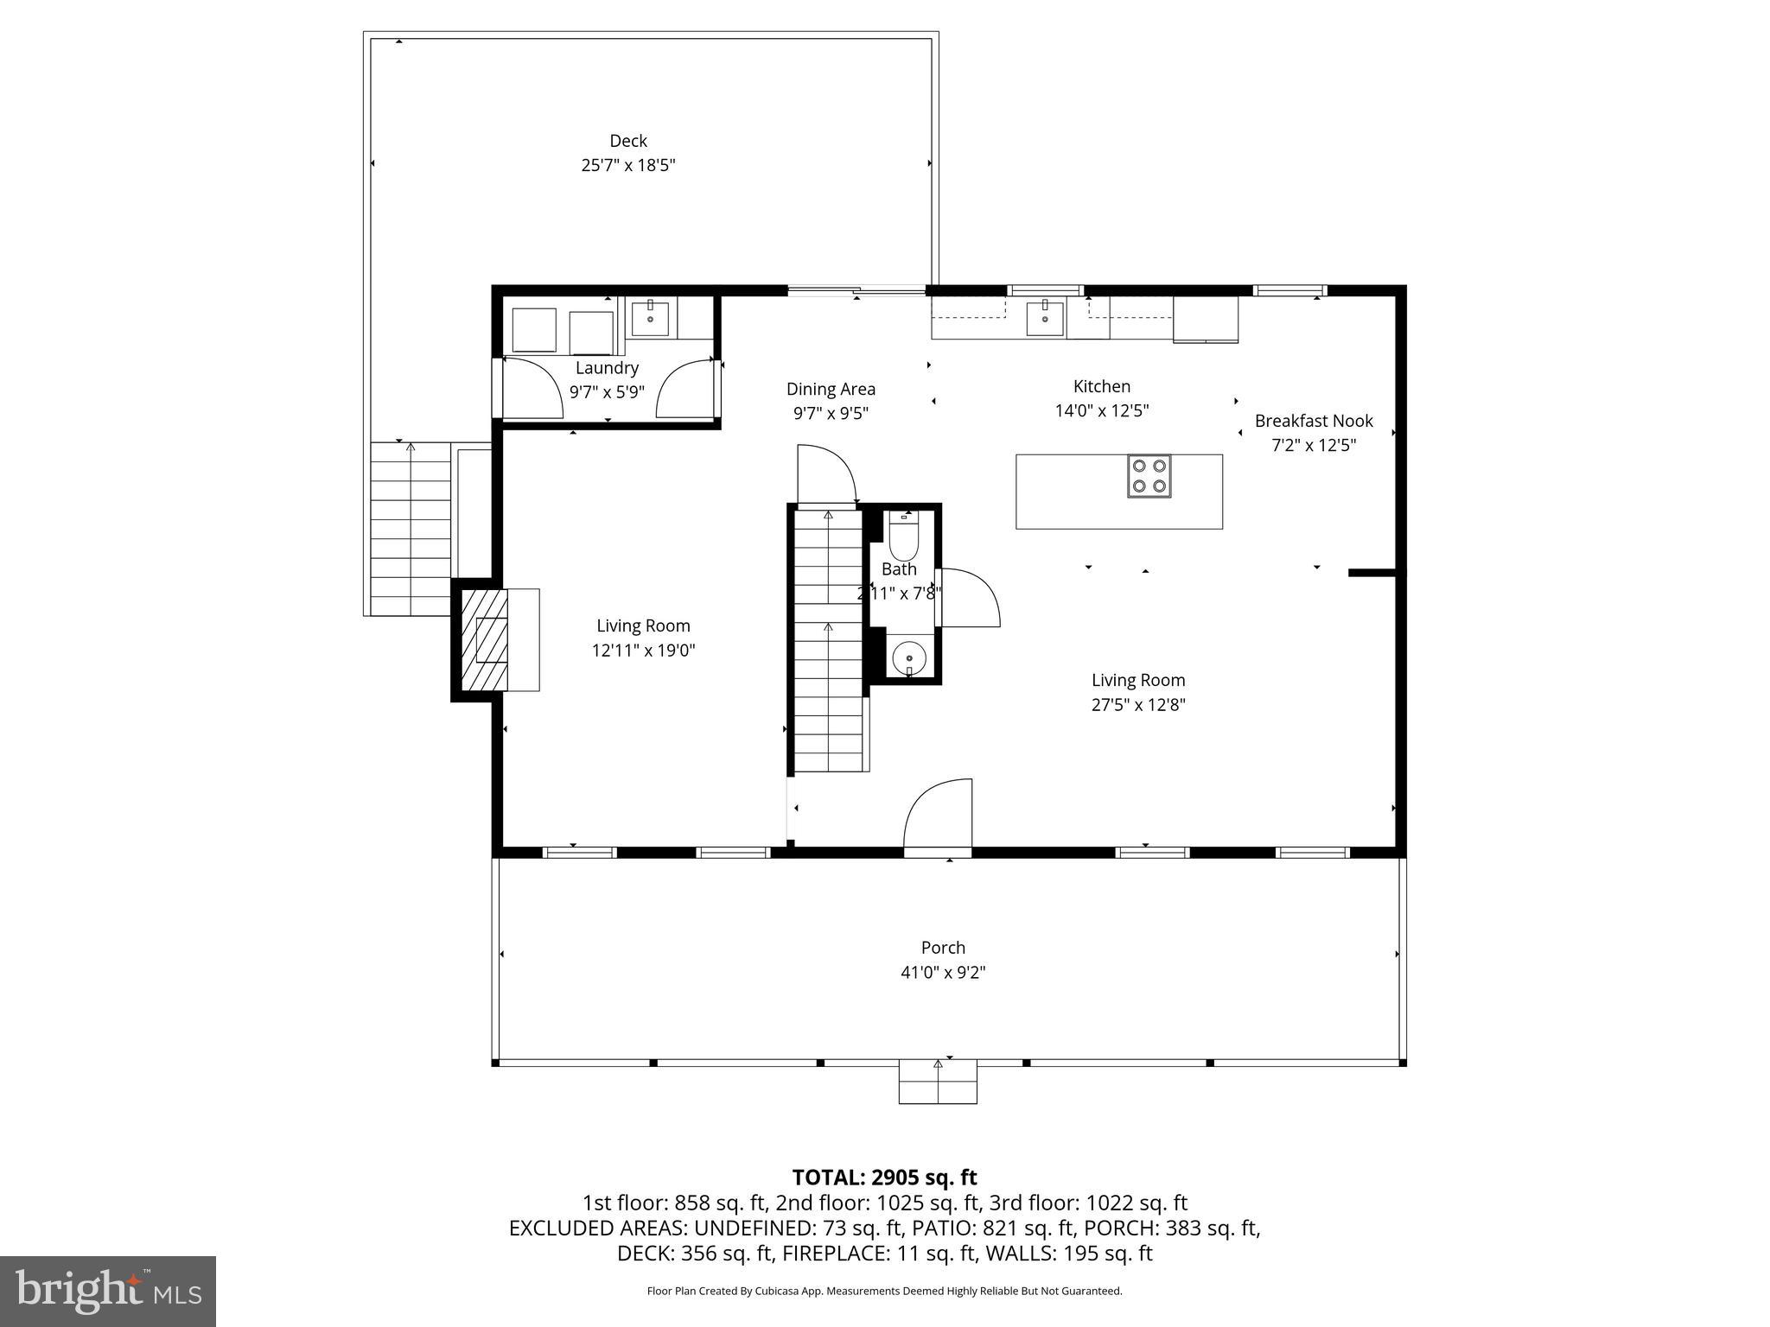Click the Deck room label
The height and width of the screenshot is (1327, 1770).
(x=628, y=141)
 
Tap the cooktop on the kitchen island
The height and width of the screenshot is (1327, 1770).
(x=1149, y=476)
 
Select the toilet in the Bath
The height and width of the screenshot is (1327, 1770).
(x=904, y=539)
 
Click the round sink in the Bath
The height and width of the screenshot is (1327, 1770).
(x=909, y=657)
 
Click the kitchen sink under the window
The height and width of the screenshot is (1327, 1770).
(x=1045, y=317)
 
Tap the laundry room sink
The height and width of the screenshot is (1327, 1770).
(x=650, y=317)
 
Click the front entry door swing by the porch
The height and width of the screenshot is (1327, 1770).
(x=939, y=814)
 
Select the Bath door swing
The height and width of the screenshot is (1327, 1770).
(x=970, y=598)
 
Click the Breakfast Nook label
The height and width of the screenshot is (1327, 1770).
(x=1314, y=421)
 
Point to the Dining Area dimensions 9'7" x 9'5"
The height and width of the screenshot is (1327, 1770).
(x=831, y=414)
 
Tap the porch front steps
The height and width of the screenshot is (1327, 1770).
(x=938, y=1082)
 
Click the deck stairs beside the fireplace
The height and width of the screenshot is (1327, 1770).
(x=410, y=528)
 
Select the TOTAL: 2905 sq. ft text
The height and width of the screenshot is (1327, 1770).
(x=884, y=1178)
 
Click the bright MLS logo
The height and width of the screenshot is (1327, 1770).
(x=108, y=1291)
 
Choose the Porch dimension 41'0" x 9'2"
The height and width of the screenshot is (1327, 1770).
(x=943, y=973)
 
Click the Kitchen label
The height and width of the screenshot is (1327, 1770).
(x=1101, y=386)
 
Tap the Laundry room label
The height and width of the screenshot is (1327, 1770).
(x=607, y=368)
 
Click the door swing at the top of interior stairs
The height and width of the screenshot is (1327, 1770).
(x=824, y=473)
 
